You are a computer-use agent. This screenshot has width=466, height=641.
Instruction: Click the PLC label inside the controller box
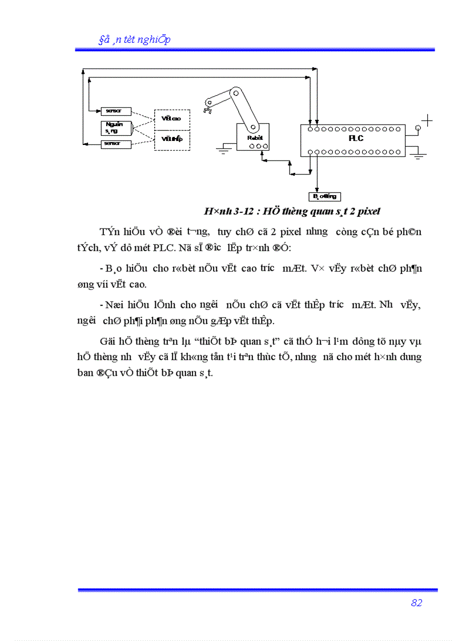(x=356, y=138)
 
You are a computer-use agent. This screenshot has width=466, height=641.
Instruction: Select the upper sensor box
(x=116, y=111)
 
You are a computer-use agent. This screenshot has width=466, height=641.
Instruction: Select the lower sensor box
(x=116, y=144)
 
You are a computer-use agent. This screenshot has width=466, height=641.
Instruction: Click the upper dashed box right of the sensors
(x=171, y=119)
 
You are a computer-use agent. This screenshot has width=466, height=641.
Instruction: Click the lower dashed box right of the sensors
(x=171, y=139)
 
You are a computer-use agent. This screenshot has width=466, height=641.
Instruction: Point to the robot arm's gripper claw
(x=208, y=106)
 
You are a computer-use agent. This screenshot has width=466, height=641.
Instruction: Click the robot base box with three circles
(x=253, y=139)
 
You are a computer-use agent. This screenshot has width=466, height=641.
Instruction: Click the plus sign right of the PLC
(x=427, y=120)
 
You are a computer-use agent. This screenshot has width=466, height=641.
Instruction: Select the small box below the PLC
(x=324, y=197)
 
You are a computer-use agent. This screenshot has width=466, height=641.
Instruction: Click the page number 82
(x=416, y=603)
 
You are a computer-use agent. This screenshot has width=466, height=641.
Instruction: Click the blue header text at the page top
(x=135, y=39)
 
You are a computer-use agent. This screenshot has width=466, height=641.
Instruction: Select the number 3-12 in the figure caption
(x=236, y=211)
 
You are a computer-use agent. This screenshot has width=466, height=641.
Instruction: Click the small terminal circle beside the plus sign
(x=417, y=128)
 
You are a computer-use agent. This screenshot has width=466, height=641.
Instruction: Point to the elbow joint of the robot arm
(x=234, y=91)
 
